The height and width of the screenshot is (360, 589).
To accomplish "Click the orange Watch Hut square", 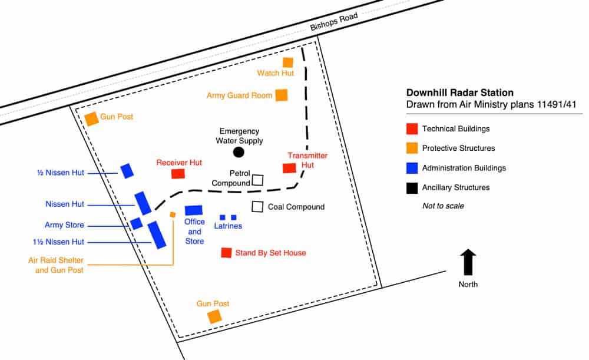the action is [x=288, y=62].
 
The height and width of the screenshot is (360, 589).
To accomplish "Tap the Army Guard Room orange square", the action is [x=282, y=95].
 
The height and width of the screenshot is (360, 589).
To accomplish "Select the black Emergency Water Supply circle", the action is [x=239, y=152].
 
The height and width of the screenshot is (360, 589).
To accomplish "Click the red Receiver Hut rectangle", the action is [x=178, y=174].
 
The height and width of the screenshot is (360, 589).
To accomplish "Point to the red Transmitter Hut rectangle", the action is [x=289, y=168].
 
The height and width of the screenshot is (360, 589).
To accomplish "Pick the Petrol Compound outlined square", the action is [x=257, y=180].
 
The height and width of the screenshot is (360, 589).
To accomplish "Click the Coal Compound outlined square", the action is [x=257, y=207].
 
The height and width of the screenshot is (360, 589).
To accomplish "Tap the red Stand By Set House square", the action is [x=226, y=253].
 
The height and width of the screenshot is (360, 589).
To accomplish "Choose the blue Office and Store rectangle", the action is [x=194, y=210].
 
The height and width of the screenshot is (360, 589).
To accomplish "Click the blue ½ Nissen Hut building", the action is [x=127, y=171].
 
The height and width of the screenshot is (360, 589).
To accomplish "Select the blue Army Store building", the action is [x=137, y=223].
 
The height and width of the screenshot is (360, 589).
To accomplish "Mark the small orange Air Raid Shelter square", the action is [x=173, y=214].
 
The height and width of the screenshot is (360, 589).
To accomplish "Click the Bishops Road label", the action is [x=334, y=21].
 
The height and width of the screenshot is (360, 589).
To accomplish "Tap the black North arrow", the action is [x=468, y=262].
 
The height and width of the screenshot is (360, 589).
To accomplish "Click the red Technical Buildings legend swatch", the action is [x=412, y=128].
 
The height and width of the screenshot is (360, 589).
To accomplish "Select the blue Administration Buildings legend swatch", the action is [x=412, y=167].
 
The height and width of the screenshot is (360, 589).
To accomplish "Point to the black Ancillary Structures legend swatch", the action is [x=412, y=187].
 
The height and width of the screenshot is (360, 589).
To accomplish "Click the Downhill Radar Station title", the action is [x=460, y=93].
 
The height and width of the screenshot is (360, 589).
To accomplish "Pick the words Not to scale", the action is [x=443, y=206].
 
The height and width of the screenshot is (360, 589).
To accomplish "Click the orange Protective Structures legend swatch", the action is [x=412, y=148].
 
